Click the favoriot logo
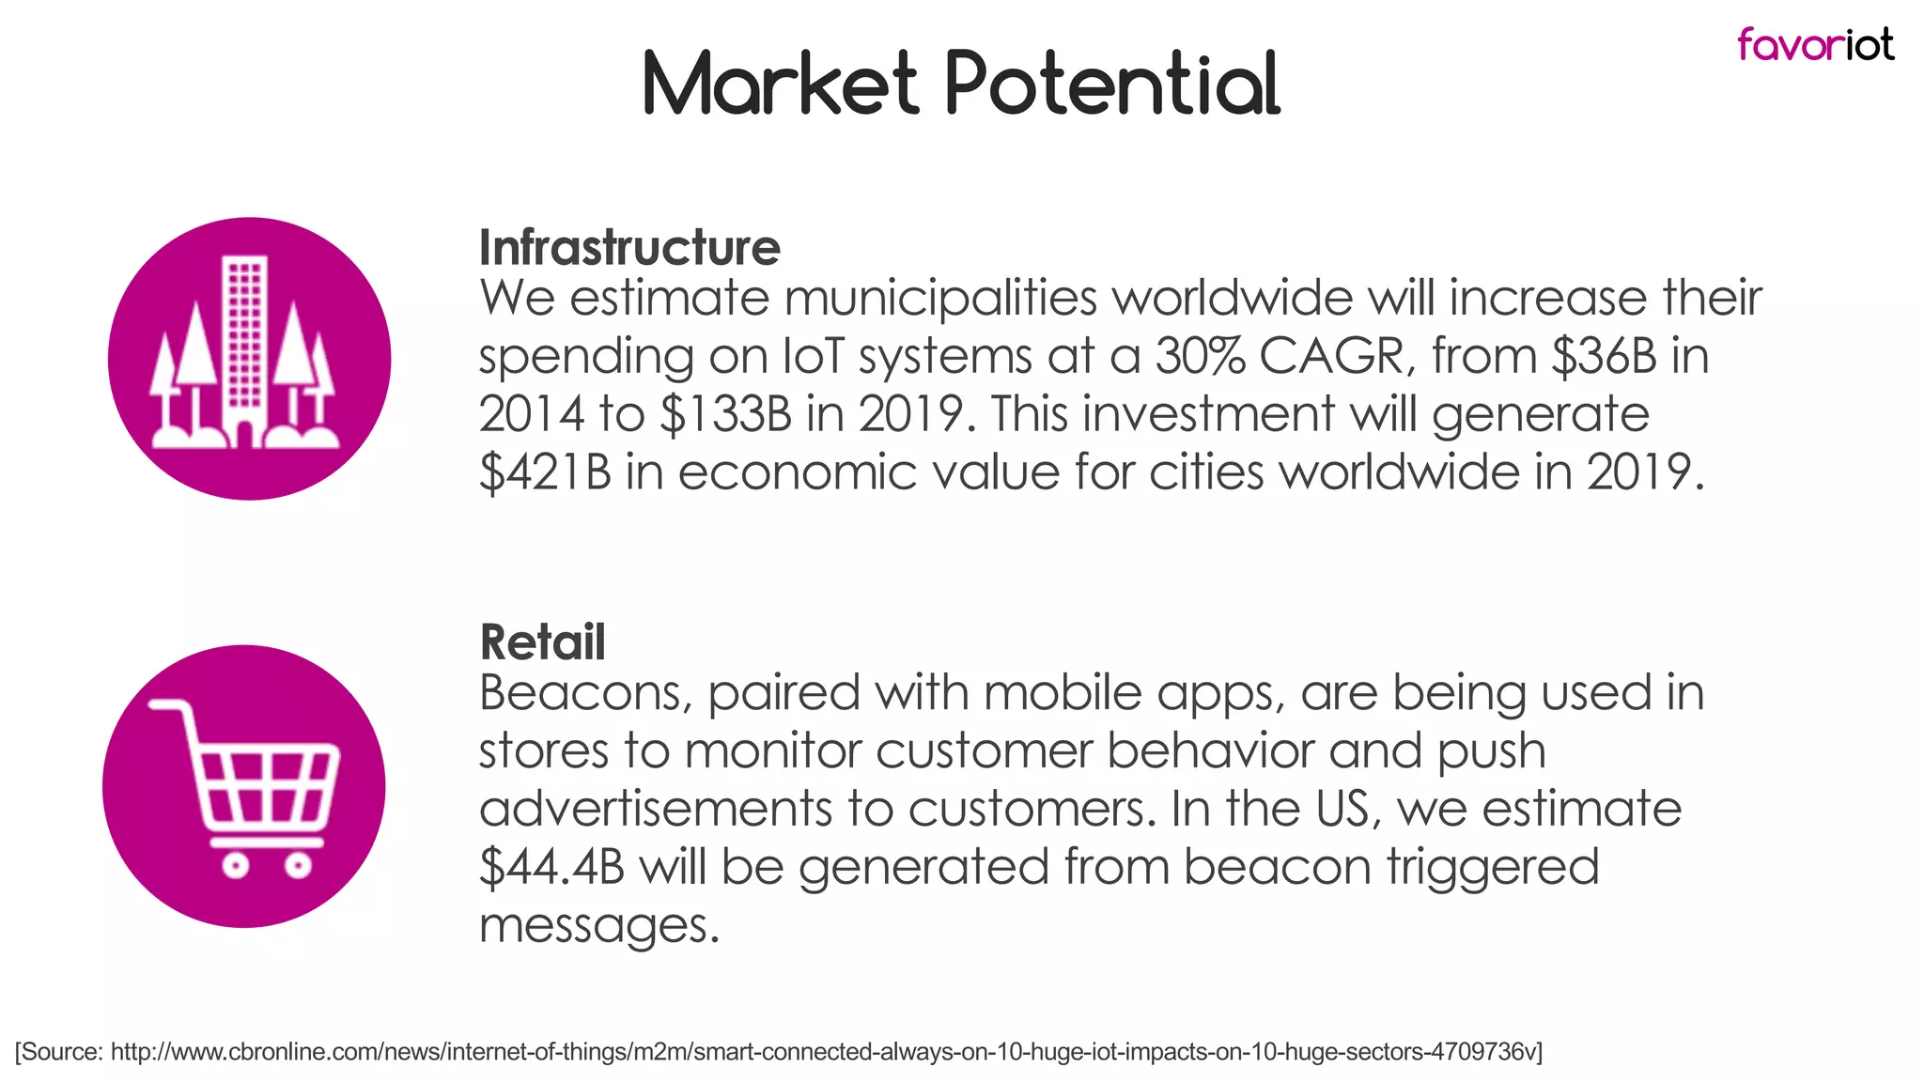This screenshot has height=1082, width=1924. (1814, 44)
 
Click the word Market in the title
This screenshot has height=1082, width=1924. (780, 84)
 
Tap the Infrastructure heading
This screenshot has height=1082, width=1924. (629, 248)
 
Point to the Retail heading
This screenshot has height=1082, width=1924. (542, 642)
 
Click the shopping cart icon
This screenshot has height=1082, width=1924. (244, 787)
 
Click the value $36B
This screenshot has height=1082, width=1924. (1604, 357)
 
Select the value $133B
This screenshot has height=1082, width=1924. (726, 415)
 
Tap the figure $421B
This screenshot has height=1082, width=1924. (545, 472)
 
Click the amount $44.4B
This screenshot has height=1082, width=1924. (551, 867)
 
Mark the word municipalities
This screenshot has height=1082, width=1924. (940, 299)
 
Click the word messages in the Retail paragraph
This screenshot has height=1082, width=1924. (598, 925)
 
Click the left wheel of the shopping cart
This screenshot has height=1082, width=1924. (235, 864)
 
